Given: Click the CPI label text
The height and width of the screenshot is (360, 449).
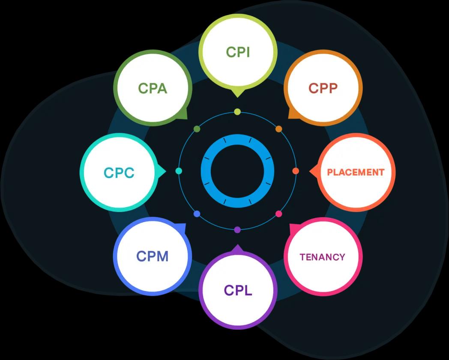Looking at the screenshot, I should point(238,52).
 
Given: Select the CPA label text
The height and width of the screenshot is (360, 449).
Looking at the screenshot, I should point(153,88).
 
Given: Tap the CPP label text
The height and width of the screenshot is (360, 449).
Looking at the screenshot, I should point(323,88).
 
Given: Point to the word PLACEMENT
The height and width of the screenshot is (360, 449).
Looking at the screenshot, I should point(356,172).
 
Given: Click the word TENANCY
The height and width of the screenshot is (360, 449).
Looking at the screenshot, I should point(322,257).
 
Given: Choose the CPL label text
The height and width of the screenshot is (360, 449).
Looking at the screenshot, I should point(238,290).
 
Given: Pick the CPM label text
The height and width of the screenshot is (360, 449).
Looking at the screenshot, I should point(152,256).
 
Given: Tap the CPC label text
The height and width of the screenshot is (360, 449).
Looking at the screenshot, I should point(119,173).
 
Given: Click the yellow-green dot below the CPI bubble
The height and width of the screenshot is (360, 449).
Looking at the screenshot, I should point(237,112).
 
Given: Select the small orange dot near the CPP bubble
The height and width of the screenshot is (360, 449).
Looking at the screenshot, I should point(278,129).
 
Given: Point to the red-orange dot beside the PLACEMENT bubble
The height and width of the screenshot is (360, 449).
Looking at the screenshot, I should point(296,171).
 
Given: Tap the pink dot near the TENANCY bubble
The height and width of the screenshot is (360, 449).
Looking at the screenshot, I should point(278,214).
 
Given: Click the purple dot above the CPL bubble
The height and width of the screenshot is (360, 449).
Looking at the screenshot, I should point(237,230).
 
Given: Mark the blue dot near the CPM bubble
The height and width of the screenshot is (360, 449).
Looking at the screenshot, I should point(197,214).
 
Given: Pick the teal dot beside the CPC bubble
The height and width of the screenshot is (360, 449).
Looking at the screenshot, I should point(179,171).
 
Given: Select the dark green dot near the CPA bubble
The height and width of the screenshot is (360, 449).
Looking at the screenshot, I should point(197,129).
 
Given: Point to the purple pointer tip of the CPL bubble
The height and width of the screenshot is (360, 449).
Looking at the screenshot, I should point(237,247).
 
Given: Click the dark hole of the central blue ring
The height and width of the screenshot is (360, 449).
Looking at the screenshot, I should point(237,171).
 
